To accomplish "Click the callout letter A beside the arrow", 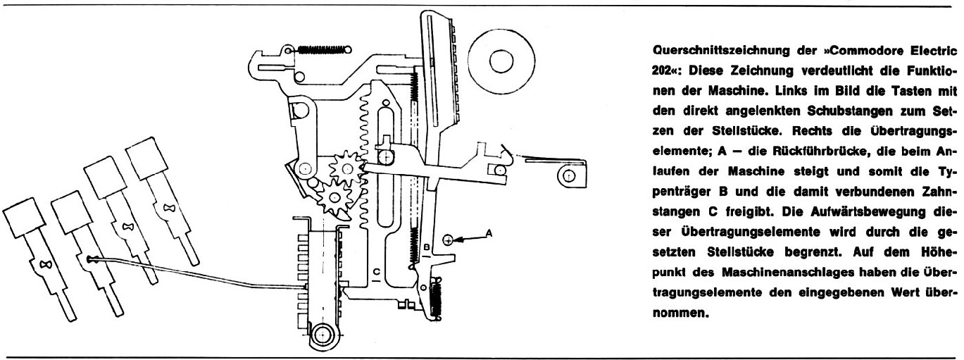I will (489, 232).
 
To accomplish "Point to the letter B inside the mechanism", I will (426, 247).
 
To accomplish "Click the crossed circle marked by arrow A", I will (448, 240).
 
